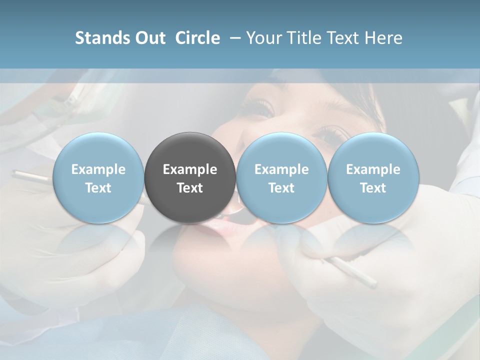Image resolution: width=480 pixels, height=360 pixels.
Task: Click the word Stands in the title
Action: click(100, 38)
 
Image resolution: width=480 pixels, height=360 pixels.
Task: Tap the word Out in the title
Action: click(149, 38)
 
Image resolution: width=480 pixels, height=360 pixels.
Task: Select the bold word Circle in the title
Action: click(197, 38)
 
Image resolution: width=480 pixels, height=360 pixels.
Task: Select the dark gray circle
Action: click(190, 177)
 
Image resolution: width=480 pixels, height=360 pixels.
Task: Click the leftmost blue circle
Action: click(98, 177)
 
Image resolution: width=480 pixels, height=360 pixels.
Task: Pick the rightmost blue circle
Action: click(373, 177)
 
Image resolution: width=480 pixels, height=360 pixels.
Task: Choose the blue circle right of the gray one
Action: click(281, 177)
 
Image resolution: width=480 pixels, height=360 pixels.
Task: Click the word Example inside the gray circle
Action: click(190, 169)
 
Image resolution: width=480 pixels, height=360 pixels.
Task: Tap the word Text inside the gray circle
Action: click(190, 188)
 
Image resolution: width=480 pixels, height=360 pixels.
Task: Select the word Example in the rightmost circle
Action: click(373, 169)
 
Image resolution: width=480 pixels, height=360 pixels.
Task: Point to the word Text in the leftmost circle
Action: click(98, 188)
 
